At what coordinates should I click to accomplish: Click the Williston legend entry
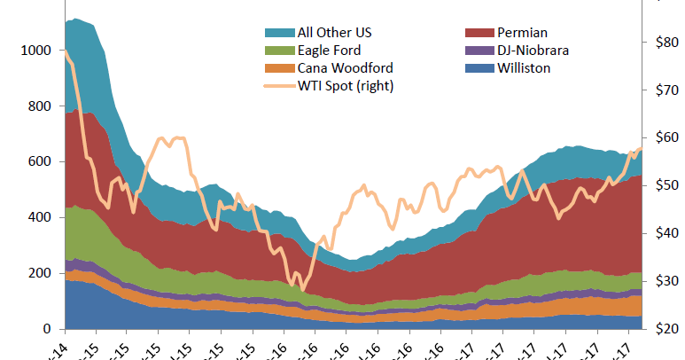pos(524,68)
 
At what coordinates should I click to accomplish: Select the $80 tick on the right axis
pos(667,43)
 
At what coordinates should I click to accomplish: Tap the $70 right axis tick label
pos(667,90)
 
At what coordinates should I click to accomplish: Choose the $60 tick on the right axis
pos(667,138)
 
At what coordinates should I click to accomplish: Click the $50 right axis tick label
pos(667,186)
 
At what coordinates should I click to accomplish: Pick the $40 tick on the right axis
pos(667,234)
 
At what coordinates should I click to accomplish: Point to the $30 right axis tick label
pos(667,282)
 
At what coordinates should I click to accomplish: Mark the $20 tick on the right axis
pos(667,329)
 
